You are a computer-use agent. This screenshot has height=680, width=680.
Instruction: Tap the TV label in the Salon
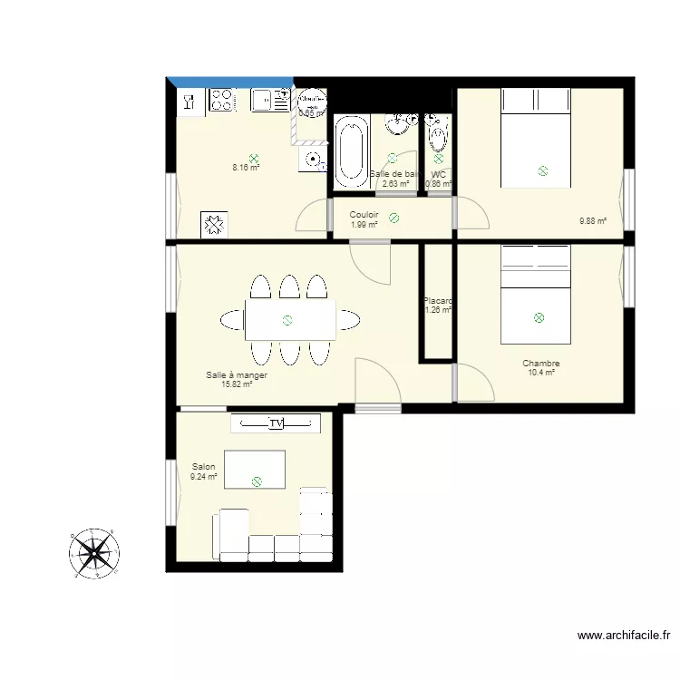coord(276,423)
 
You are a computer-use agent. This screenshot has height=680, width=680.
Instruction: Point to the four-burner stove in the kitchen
coord(221,100)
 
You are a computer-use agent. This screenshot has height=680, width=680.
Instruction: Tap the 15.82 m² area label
coord(236,384)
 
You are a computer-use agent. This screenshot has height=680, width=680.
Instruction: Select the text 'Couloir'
coord(364,215)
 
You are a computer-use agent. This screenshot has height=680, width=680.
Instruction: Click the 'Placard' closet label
coord(438,301)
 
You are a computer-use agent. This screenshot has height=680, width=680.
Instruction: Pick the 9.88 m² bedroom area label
coord(593,220)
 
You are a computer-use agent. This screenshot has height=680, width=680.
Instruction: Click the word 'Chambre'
coord(540,364)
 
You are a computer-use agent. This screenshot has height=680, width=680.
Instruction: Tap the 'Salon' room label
coord(204,467)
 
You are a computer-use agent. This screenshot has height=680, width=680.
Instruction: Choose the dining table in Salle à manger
coord(289,319)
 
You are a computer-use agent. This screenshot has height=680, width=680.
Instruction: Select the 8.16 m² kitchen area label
coord(246,167)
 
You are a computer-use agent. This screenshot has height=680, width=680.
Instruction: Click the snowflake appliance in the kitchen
coord(214,224)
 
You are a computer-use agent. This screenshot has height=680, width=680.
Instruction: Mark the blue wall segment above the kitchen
coord(231,83)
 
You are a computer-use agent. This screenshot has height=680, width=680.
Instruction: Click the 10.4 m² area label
coord(540,373)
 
